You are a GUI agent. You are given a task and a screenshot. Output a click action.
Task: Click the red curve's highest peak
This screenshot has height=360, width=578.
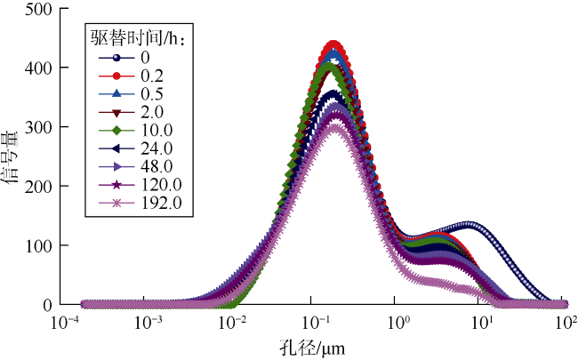click(x=333, y=44)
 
